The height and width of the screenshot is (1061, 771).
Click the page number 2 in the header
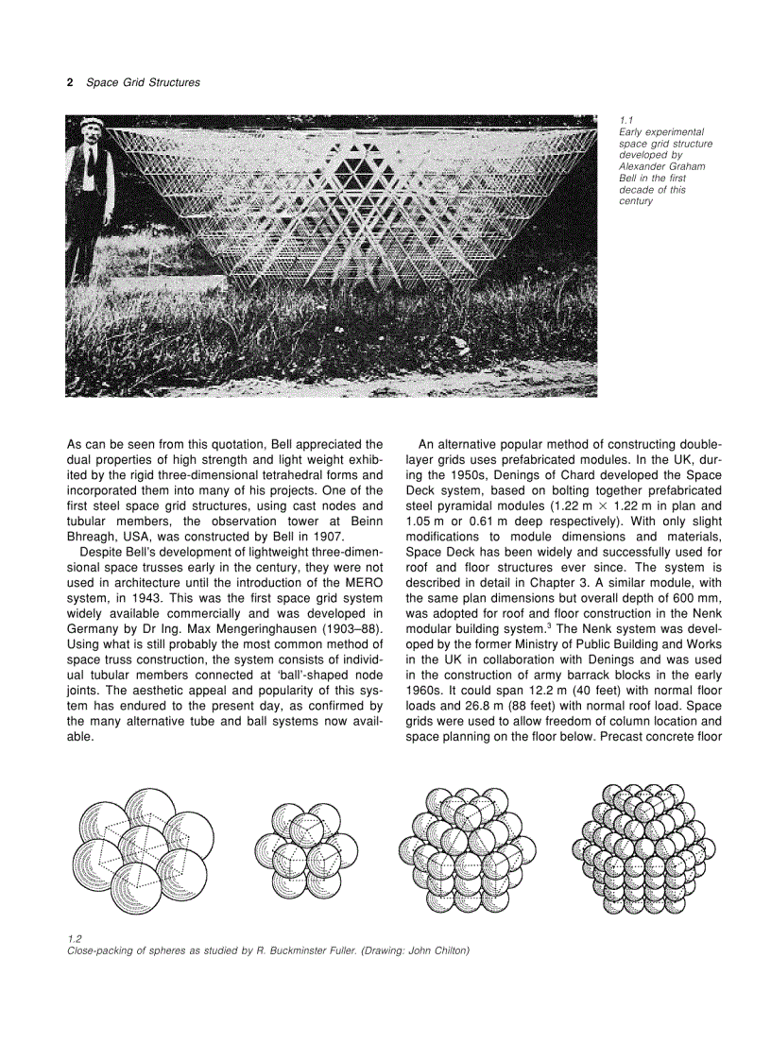[x=69, y=82]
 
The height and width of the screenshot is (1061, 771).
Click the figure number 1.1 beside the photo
[x=624, y=120]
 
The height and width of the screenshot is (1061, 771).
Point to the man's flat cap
[x=91, y=123]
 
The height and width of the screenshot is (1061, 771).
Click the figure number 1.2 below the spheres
[x=75, y=938]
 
